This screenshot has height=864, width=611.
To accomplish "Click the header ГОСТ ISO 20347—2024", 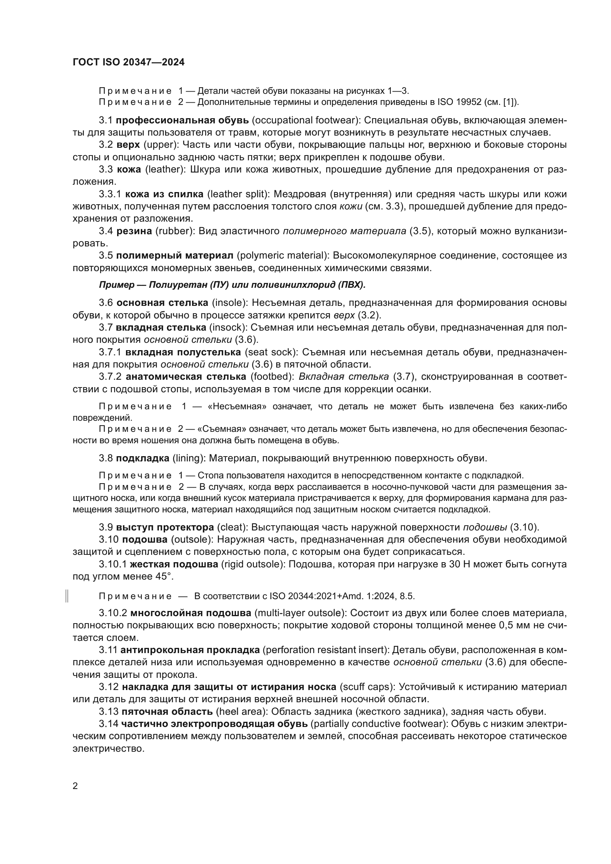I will click(128, 62).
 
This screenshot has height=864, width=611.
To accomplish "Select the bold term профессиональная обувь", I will click(182, 120).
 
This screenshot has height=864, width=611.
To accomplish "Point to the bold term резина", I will click(134, 231).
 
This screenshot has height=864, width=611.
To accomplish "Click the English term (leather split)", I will click(239, 194).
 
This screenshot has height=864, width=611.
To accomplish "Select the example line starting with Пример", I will click(232, 285).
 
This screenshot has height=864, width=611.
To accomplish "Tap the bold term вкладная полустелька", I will click(183, 352).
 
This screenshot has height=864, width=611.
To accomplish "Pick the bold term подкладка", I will click(143, 458).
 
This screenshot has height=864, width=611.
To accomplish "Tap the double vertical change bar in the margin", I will click(66, 596).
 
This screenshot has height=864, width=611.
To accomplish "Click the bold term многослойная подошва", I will click(191, 614).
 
